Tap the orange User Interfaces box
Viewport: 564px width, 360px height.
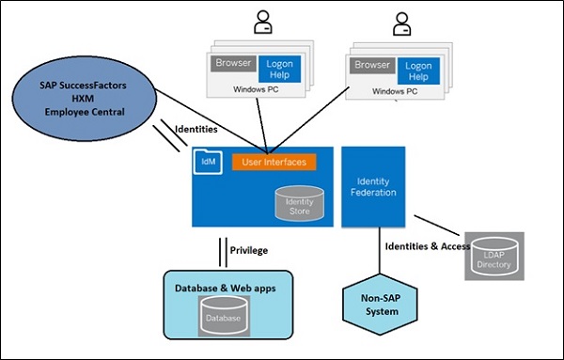point(274,163)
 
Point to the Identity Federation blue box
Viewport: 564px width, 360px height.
point(373,186)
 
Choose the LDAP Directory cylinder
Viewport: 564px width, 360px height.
point(492,255)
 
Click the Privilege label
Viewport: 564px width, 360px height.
point(250,250)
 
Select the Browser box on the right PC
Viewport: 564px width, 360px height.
point(372,66)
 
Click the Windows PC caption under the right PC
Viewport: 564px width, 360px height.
point(395,92)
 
